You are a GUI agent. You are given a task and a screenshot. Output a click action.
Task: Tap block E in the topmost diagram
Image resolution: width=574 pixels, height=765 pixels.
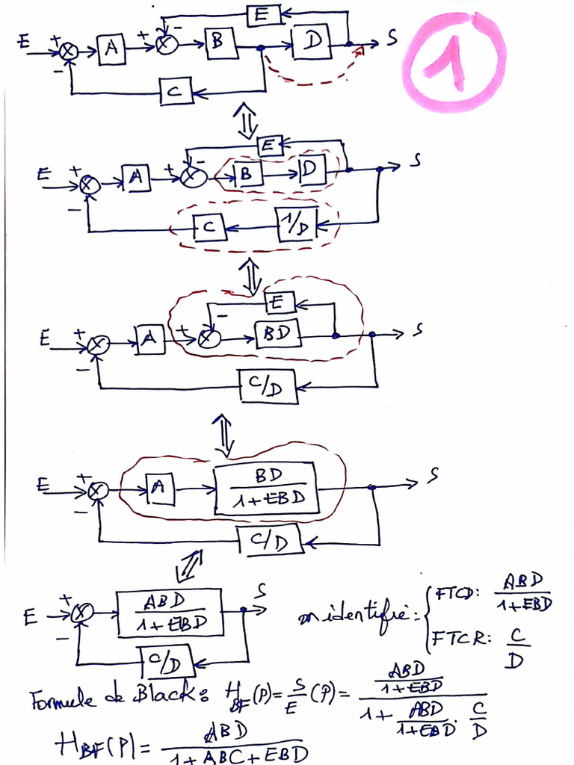pyautogui.click(x=264, y=15)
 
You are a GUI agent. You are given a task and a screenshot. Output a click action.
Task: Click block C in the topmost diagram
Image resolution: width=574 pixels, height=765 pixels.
pyautogui.click(x=177, y=91)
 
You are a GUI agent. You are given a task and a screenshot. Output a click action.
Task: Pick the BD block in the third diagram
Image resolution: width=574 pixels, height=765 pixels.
pyautogui.click(x=277, y=333)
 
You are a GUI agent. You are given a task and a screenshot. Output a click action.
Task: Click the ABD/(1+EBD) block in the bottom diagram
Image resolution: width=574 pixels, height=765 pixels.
pyautogui.click(x=170, y=612)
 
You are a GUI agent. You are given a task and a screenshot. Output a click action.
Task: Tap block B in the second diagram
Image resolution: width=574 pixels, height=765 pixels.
pyautogui.click(x=250, y=174)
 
